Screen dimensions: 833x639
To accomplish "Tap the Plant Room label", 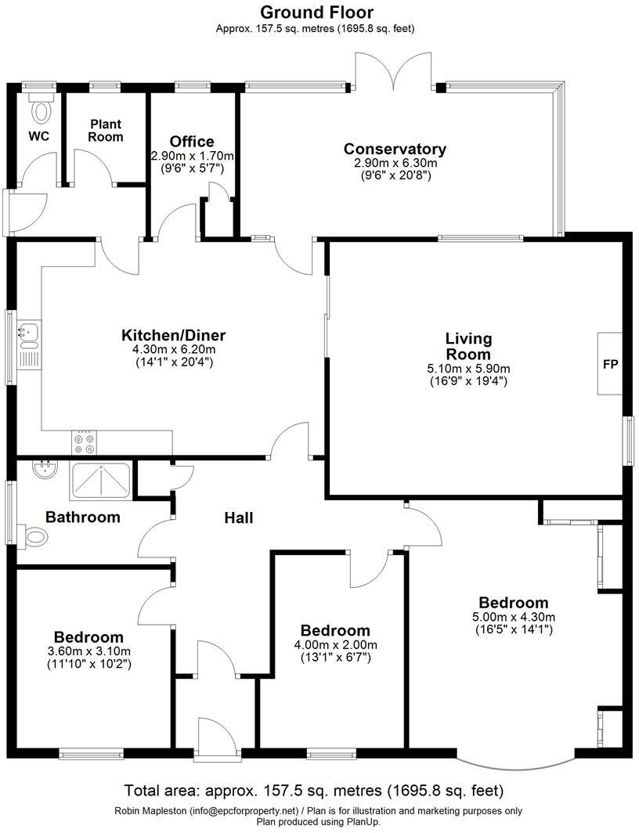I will pyautogui.click(x=106, y=131).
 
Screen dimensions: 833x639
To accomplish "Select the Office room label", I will pyautogui.click(x=192, y=142).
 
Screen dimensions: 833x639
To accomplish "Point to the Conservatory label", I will pyautogui.click(x=395, y=149).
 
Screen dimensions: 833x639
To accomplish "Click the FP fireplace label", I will pyautogui.click(x=611, y=364).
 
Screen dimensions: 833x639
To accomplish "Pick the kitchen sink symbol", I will pyautogui.click(x=29, y=334).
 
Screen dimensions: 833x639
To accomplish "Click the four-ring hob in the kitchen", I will pyautogui.click(x=85, y=443).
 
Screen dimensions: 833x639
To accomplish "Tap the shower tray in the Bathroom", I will pyautogui.click(x=101, y=481).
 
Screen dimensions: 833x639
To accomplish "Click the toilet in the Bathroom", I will pyautogui.click(x=34, y=536).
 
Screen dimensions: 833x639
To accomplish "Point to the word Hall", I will pyautogui.click(x=239, y=517).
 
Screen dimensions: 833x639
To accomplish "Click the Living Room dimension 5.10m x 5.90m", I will pyautogui.click(x=468, y=369).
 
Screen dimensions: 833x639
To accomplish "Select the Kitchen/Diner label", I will pyautogui.click(x=173, y=336).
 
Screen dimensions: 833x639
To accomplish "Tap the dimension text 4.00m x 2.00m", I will pyautogui.click(x=335, y=645).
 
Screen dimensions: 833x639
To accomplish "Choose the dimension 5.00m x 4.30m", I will pyautogui.click(x=514, y=617).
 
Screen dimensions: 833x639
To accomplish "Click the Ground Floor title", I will pyautogui.click(x=316, y=12).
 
